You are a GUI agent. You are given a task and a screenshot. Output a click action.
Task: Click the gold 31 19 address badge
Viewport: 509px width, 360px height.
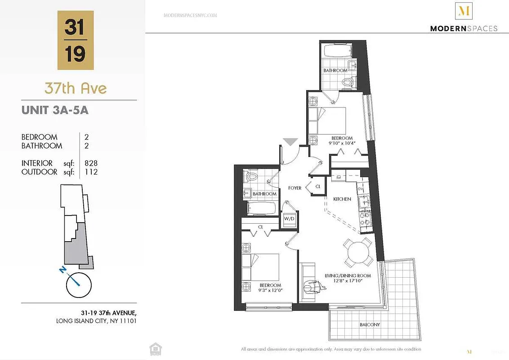[x=76, y=40]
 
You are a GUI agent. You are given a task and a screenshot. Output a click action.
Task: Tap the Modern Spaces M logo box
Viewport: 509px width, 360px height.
[x=464, y=11]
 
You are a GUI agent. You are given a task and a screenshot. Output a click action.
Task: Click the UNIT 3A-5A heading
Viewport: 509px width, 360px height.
[x=55, y=110]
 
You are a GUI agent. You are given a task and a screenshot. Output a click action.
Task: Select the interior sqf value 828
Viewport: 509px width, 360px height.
[x=91, y=163]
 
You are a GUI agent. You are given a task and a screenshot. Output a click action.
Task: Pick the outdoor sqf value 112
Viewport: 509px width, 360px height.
[x=91, y=172]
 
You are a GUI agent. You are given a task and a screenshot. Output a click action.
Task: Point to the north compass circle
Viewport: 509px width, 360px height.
[x=79, y=285]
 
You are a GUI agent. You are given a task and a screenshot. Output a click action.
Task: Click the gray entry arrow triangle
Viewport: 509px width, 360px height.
[x=290, y=142]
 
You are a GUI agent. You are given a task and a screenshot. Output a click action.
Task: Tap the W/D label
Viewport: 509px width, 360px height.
[x=289, y=219]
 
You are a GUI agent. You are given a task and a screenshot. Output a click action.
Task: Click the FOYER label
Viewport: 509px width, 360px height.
[x=295, y=188]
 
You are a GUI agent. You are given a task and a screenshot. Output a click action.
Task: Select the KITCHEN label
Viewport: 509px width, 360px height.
[x=342, y=199]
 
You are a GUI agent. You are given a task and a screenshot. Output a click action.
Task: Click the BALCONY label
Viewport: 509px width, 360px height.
[x=370, y=324]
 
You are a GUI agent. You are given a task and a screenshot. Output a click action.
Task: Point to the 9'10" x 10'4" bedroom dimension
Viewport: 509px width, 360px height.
[x=342, y=144]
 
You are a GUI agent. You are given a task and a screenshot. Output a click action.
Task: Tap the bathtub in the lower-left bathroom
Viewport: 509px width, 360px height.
[x=262, y=208]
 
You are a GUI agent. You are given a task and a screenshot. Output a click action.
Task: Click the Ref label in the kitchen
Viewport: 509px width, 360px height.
[x=339, y=177]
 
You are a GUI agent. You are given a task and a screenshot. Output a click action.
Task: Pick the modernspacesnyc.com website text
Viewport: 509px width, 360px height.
[x=190, y=15]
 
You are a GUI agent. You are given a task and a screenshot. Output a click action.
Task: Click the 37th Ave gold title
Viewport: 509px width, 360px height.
[x=76, y=88]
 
